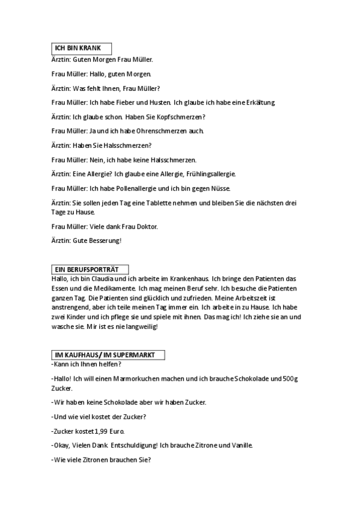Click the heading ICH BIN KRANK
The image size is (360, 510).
pyautogui.click(x=78, y=48)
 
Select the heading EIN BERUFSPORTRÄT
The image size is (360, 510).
pyautogui.click(x=87, y=269)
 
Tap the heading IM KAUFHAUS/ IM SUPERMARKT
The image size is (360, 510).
pyautogui.click(x=105, y=355)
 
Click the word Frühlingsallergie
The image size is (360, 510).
pyautogui.click(x=208, y=174)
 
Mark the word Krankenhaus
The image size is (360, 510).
pyautogui.click(x=186, y=279)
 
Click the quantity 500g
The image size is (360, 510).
pyautogui.click(x=291, y=379)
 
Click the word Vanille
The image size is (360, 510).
pyautogui.click(x=240, y=446)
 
